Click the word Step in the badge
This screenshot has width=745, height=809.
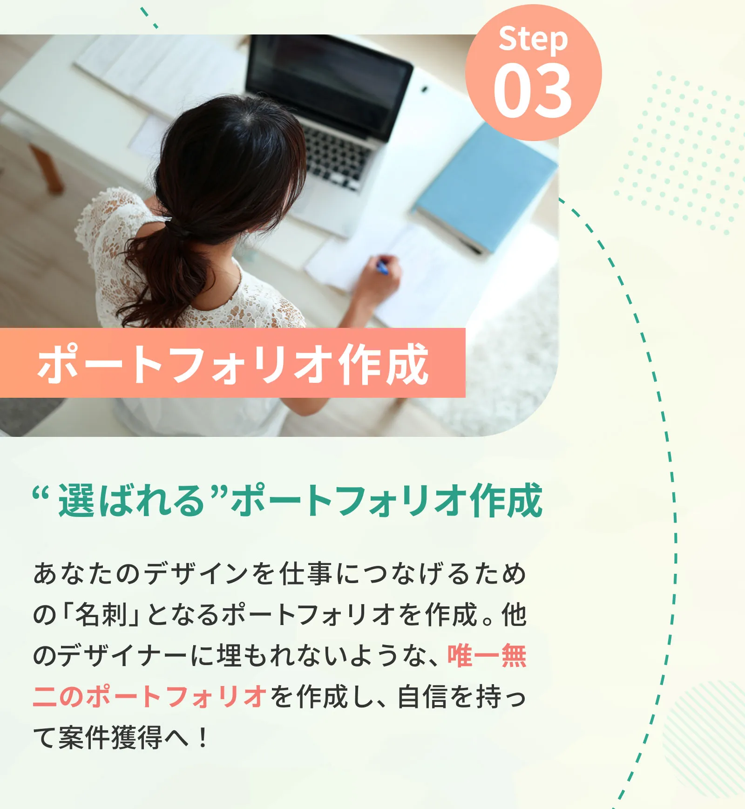(533, 40)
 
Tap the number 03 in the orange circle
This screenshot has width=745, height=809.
(533, 91)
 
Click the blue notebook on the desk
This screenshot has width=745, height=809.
(487, 186)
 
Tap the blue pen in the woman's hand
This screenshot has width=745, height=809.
(382, 267)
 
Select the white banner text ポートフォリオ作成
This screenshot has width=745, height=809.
(233, 364)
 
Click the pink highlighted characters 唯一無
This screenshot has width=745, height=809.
(487, 656)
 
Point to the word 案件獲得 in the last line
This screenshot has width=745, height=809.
(110, 738)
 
